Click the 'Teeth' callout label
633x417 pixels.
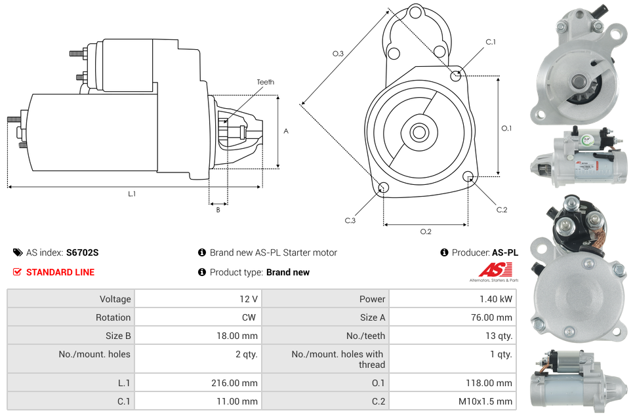[x=265, y=82]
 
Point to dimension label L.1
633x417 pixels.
[x=132, y=193]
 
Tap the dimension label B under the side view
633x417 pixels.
[x=218, y=210]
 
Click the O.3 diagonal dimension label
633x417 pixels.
[x=338, y=54]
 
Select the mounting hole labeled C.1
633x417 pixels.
[x=456, y=75]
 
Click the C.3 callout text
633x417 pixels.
[x=350, y=221]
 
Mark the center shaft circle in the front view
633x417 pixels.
[x=419, y=132]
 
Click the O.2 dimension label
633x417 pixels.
[x=426, y=231]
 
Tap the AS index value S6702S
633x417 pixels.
[x=82, y=252]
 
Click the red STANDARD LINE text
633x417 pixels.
[x=60, y=272]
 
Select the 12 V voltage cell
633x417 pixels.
[x=249, y=299]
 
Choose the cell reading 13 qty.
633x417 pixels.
[x=499, y=336]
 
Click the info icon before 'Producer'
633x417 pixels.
[x=444, y=252]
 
